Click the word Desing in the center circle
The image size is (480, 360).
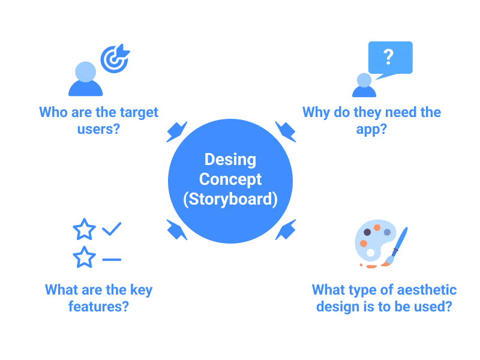click(230, 160)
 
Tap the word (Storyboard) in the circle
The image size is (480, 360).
click(230, 199)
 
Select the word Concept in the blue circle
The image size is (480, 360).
click(230, 179)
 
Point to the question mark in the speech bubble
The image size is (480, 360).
click(388, 57)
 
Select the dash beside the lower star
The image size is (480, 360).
click(112, 259)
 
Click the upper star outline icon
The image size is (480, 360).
click(84, 229)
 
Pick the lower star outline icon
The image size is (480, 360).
click(84, 258)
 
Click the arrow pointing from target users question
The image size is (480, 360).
click(177, 131)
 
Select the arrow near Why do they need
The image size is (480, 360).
click(284, 131)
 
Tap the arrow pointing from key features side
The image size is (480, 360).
click(177, 229)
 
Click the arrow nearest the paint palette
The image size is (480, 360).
click(285, 229)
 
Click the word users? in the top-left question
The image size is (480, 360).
click(98, 128)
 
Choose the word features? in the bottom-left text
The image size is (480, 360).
click(98, 307)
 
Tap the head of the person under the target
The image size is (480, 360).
click(86, 71)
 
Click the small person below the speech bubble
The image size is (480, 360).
click(364, 86)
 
